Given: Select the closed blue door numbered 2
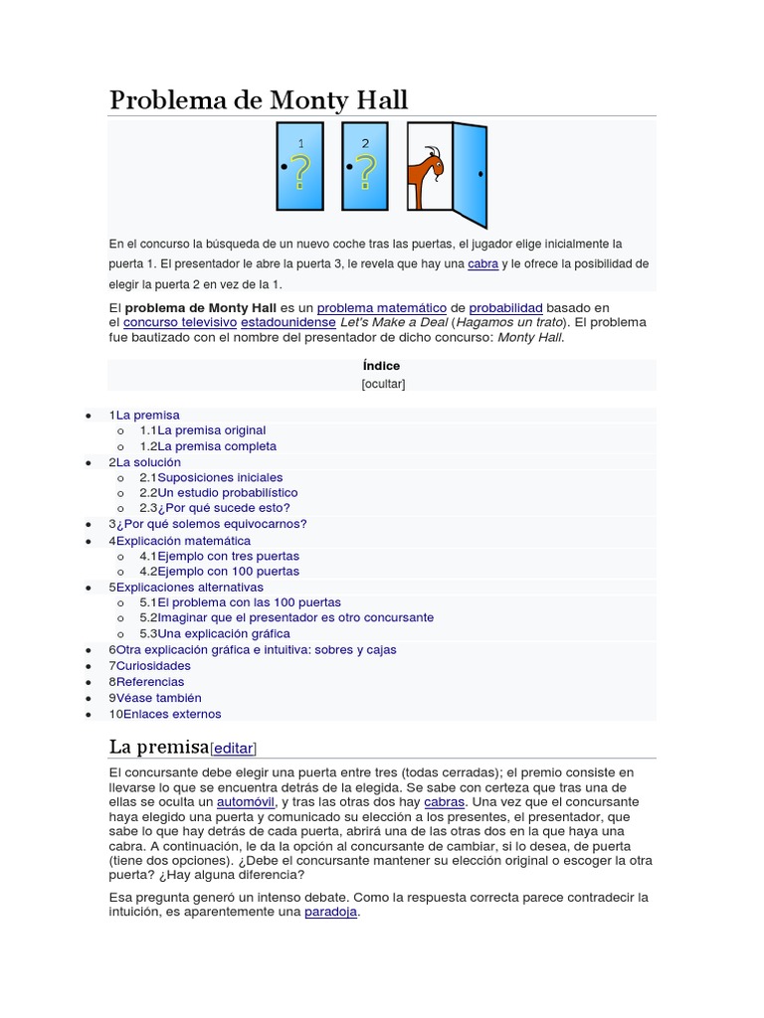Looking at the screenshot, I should tap(365, 166).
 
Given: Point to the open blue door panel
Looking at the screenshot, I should tap(471, 173).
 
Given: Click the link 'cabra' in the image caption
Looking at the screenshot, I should tap(482, 263).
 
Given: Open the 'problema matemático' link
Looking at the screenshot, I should tap(381, 308).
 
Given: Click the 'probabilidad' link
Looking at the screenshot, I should tap(505, 308).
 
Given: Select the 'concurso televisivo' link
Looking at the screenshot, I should tap(180, 323).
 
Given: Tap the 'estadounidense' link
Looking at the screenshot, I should tap(288, 323).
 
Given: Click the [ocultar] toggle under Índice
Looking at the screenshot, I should tap(383, 384).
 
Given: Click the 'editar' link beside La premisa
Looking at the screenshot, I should tap(234, 749).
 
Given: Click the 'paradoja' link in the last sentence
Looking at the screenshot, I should tap(330, 913).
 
